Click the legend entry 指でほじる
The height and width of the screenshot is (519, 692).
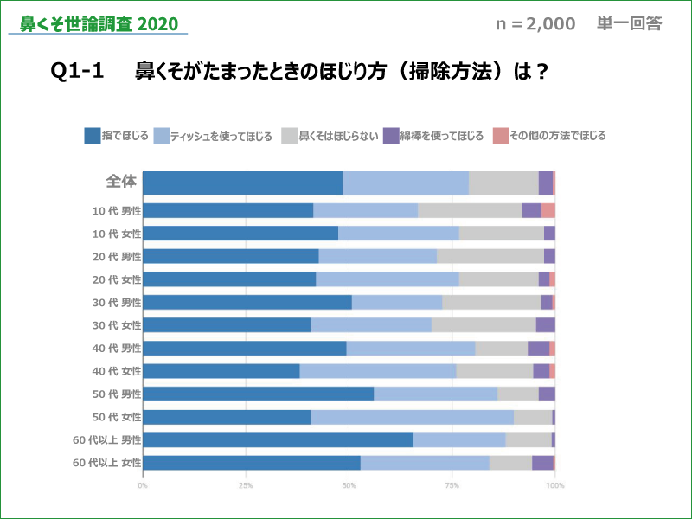tap(116, 136)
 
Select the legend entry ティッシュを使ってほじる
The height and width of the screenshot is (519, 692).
tap(212, 136)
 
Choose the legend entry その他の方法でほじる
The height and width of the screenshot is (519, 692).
tap(549, 136)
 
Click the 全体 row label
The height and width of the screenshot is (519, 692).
tap(121, 182)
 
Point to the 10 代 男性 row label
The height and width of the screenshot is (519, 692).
tap(116, 210)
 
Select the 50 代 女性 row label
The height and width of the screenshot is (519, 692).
tap(116, 417)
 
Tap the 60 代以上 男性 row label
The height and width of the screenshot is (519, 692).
tap(107, 440)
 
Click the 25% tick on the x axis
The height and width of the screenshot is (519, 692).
tap(246, 485)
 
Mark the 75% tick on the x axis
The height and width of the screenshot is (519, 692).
tap(452, 485)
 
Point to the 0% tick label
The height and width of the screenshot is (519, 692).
tap(143, 485)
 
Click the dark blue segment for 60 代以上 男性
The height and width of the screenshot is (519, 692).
tap(278, 440)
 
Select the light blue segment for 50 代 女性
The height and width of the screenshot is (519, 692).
tap(412, 417)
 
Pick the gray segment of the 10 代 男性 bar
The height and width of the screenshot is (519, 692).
tap(470, 210)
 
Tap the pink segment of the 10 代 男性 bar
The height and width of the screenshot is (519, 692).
tap(548, 210)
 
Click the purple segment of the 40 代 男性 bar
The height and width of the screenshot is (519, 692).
tap(538, 348)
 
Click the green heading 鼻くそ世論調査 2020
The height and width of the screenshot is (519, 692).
tap(99, 23)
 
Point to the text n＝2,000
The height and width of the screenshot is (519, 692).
tap(535, 24)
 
